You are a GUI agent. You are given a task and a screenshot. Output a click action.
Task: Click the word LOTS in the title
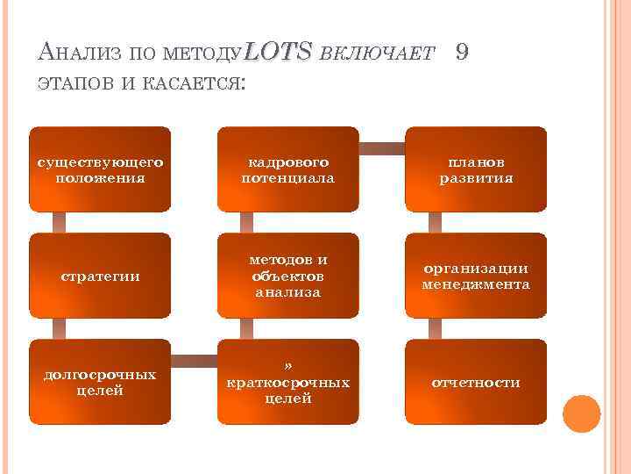pyautogui.click(x=278, y=53)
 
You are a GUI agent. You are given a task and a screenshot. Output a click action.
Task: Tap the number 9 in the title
pyautogui.click(x=463, y=53)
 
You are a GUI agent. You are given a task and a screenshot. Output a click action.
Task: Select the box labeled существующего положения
pyautogui.click(x=100, y=169)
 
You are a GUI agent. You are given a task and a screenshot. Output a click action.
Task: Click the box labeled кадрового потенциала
pyautogui.click(x=288, y=169)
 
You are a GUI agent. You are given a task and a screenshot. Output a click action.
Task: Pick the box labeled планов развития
pyautogui.click(x=476, y=169)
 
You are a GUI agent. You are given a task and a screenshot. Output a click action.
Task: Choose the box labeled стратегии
pyautogui.click(x=100, y=276)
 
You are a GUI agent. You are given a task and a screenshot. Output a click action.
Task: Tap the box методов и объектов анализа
pyautogui.click(x=288, y=276)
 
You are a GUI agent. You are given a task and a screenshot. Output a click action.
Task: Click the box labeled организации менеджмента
pyautogui.click(x=476, y=276)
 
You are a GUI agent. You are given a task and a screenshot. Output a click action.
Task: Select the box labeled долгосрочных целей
pyautogui.click(x=100, y=382)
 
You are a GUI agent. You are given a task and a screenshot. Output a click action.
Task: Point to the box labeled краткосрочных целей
pyautogui.click(x=288, y=382)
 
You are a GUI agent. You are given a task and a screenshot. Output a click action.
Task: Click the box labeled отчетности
pyautogui.click(x=476, y=382)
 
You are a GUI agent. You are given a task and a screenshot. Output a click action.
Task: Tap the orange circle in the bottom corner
pyautogui.click(x=580, y=413)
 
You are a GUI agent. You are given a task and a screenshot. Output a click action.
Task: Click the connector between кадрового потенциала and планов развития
pyautogui.click(x=382, y=147)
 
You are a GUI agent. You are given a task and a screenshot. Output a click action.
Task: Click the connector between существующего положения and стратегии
pyautogui.click(x=60, y=222)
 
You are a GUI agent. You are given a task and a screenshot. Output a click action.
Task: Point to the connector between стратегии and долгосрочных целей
pyautogui.click(x=60, y=328)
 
